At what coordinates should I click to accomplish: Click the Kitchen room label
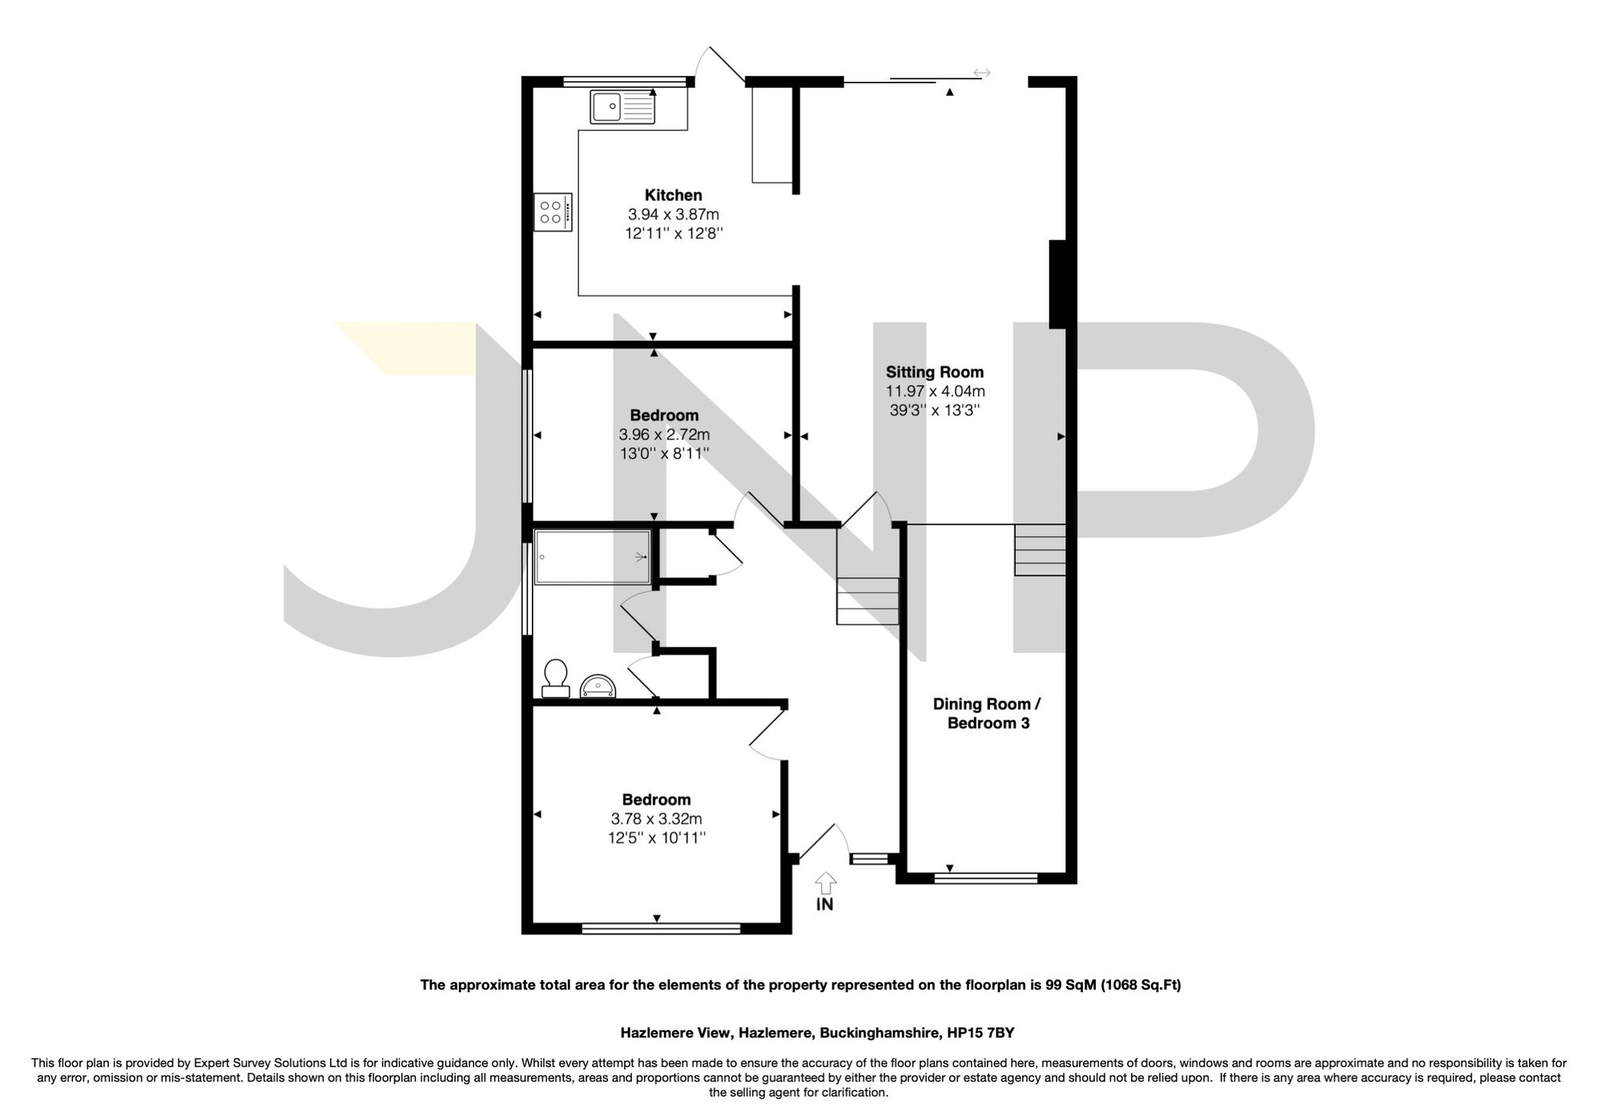tap(673, 195)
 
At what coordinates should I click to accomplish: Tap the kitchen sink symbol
tap(622, 106)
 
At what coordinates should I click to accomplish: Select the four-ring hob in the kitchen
tap(553, 212)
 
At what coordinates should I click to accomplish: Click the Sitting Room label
tap(934, 372)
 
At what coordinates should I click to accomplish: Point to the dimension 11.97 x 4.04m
tap(934, 391)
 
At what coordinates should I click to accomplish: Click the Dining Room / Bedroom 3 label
tap(987, 713)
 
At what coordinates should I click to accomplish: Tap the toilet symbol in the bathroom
tap(555, 677)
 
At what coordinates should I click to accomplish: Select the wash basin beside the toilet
tap(598, 686)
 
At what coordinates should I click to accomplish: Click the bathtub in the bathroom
tap(592, 556)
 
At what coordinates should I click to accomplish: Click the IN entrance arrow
tap(825, 882)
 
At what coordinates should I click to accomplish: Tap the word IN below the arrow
tap(824, 905)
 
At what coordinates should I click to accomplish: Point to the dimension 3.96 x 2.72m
tap(663, 435)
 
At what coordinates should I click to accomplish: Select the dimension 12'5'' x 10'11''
tap(656, 838)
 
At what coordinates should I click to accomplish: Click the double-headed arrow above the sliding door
tap(982, 74)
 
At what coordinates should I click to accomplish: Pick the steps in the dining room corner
tap(1040, 549)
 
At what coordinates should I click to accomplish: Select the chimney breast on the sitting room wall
tap(1057, 284)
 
